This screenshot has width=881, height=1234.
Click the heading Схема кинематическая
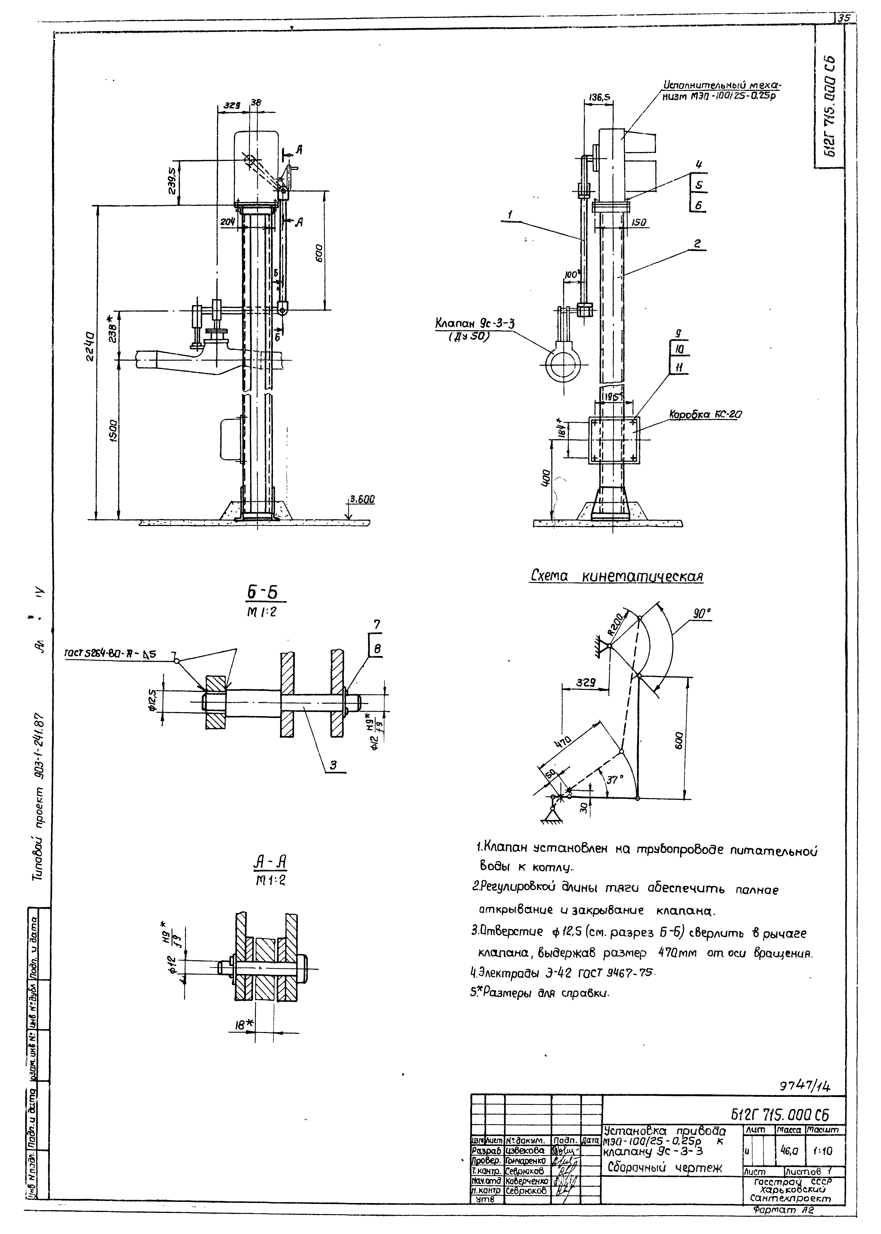[x=616, y=576]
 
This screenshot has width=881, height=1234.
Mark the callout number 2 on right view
[x=698, y=244]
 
